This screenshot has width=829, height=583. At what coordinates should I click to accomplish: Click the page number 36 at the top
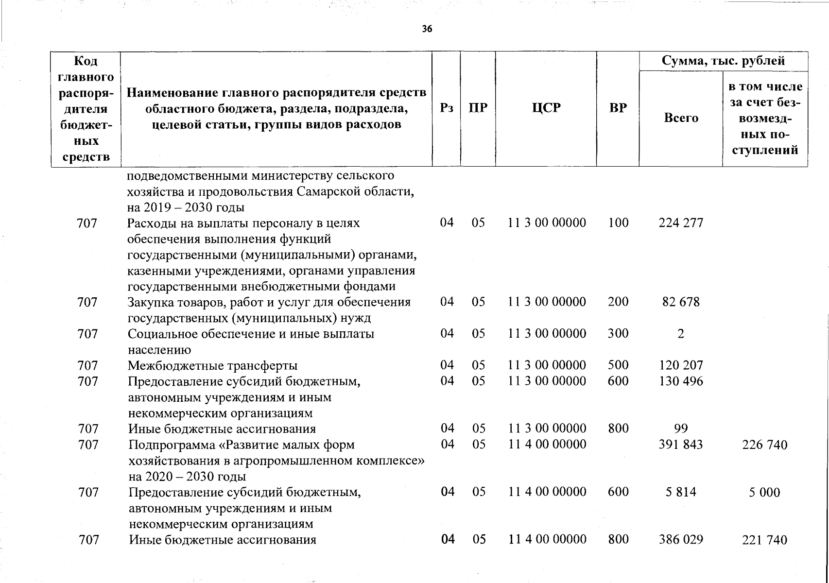tap(427, 29)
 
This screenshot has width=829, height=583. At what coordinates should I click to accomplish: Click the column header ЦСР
tap(546, 108)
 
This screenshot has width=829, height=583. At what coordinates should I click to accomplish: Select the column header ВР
tap(618, 108)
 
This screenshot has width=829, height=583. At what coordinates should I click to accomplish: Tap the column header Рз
tap(446, 108)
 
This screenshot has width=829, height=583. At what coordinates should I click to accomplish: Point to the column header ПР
tap(478, 108)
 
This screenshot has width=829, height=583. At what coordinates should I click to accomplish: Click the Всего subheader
tap(681, 118)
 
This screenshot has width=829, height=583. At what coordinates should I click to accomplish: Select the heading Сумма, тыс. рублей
tap(723, 61)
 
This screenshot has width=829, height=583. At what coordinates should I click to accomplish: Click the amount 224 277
tap(681, 223)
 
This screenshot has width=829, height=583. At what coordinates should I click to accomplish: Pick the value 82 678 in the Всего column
tap(681, 302)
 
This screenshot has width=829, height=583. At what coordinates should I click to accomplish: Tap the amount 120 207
tap(681, 365)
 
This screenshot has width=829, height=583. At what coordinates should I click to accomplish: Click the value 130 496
tap(681, 381)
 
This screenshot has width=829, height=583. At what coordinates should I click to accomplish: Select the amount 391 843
tap(681, 445)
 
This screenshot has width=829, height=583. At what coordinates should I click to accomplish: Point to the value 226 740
tap(764, 445)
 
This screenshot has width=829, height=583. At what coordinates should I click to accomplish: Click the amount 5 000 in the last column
tap(764, 493)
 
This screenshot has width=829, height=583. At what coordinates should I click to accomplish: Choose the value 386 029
tap(681, 540)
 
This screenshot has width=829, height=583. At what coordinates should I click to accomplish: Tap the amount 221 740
tap(764, 540)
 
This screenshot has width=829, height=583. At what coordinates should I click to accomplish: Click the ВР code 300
tap(618, 334)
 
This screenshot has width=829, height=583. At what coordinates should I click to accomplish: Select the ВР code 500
tap(618, 365)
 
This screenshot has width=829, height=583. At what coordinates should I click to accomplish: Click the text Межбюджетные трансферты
tap(212, 366)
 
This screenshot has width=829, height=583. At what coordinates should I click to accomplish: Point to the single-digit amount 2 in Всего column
tap(681, 334)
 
